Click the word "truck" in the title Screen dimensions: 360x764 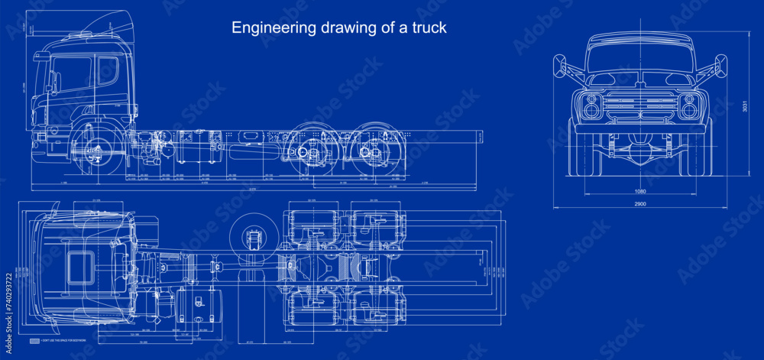coord(429,28)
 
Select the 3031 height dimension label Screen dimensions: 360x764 coord(745,108)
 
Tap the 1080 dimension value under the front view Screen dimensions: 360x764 coord(641,191)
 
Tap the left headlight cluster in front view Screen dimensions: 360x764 coord(591,106)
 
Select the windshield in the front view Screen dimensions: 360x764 coord(640,58)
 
